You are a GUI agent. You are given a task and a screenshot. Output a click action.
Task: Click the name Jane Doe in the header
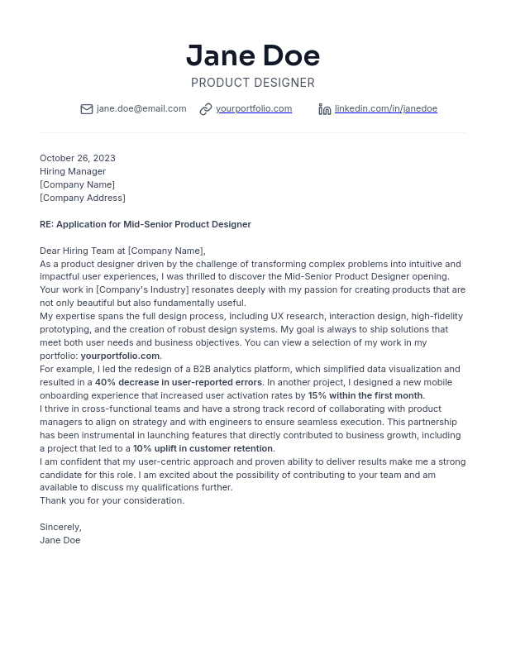(253, 55)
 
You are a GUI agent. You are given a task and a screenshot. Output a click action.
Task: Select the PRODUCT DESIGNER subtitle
(253, 83)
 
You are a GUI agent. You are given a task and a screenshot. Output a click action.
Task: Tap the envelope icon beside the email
(87, 109)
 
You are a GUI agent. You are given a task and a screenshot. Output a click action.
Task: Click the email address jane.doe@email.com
(141, 108)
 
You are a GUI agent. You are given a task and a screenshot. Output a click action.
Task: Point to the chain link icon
(206, 109)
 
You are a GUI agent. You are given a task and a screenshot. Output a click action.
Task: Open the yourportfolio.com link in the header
(254, 108)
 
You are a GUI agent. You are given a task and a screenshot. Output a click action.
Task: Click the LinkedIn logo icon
(325, 109)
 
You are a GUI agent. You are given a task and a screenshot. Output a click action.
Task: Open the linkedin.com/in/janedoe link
(386, 108)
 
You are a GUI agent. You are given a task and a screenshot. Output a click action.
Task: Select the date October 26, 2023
(78, 158)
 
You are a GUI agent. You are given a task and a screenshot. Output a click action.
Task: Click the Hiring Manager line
(73, 171)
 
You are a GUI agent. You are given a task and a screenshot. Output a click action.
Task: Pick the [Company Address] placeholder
(83, 198)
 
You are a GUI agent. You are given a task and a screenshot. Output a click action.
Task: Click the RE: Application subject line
(146, 224)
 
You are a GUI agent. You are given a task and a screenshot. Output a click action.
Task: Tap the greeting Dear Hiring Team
(122, 251)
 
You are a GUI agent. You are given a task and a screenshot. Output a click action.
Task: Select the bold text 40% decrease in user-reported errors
(179, 382)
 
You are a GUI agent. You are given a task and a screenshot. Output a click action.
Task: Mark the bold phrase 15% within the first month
(365, 395)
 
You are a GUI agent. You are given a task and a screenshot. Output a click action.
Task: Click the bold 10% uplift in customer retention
(203, 448)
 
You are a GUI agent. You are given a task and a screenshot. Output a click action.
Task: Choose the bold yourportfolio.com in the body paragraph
(120, 356)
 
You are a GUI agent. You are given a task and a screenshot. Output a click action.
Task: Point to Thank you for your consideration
(112, 500)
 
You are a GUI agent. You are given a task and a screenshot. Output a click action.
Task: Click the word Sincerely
(60, 527)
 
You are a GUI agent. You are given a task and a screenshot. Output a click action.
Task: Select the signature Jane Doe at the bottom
(60, 540)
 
